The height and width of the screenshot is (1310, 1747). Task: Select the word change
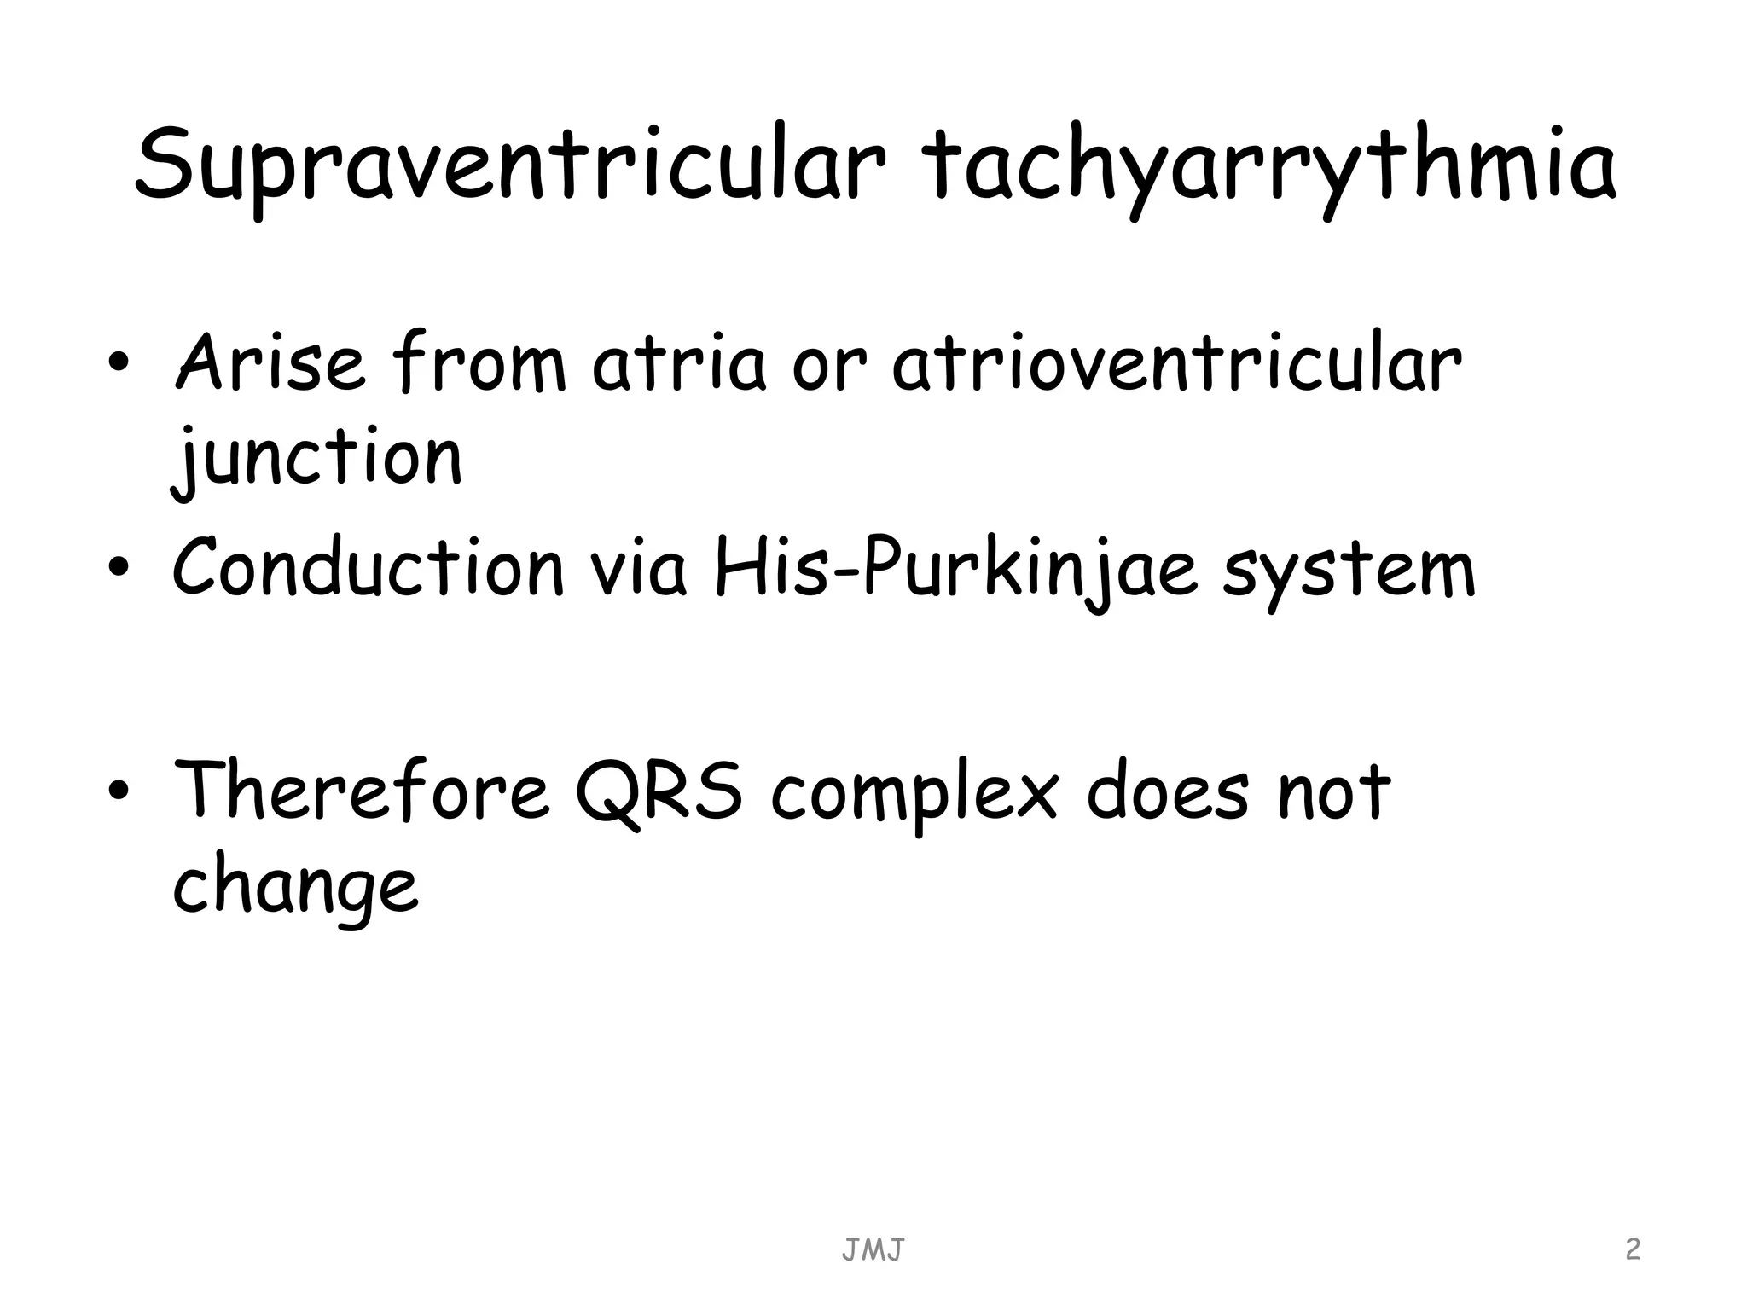tap(295, 887)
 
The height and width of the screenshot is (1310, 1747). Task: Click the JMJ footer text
tap(873, 1250)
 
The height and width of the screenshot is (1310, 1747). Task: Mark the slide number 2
tap(1633, 1249)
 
